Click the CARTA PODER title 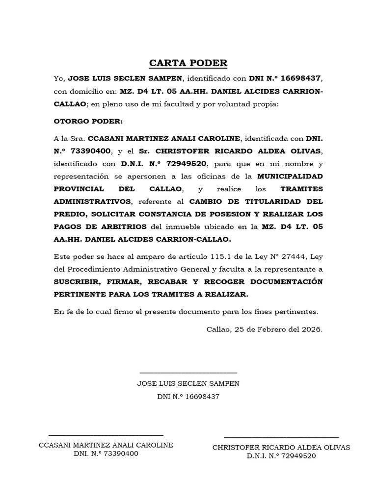pos(188,63)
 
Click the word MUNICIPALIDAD pos(290,176)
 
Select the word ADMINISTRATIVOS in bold pos(93,201)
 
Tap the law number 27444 pos(295,257)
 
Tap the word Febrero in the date pos(271,329)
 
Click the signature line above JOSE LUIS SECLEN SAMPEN pos(188,374)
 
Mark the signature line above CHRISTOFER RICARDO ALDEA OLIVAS pos(281,436)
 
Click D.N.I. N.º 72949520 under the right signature pos(281,456)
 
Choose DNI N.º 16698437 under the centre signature pos(188,396)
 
